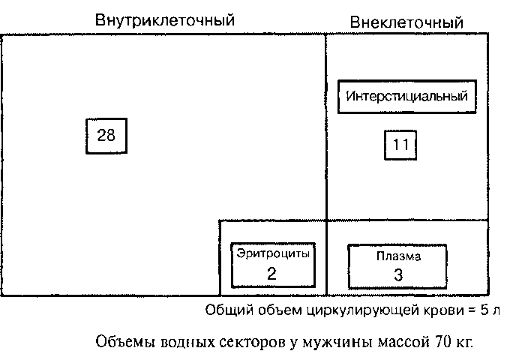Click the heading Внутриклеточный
tap(164, 19)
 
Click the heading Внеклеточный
tap(406, 22)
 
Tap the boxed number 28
tap(105, 135)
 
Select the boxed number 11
tap(400, 145)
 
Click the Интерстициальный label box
tap(407, 96)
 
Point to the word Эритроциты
tap(272, 254)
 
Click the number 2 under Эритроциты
tap(271, 273)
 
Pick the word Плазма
tap(398, 256)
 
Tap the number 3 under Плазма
tap(398, 274)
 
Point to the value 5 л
tap(488, 310)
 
